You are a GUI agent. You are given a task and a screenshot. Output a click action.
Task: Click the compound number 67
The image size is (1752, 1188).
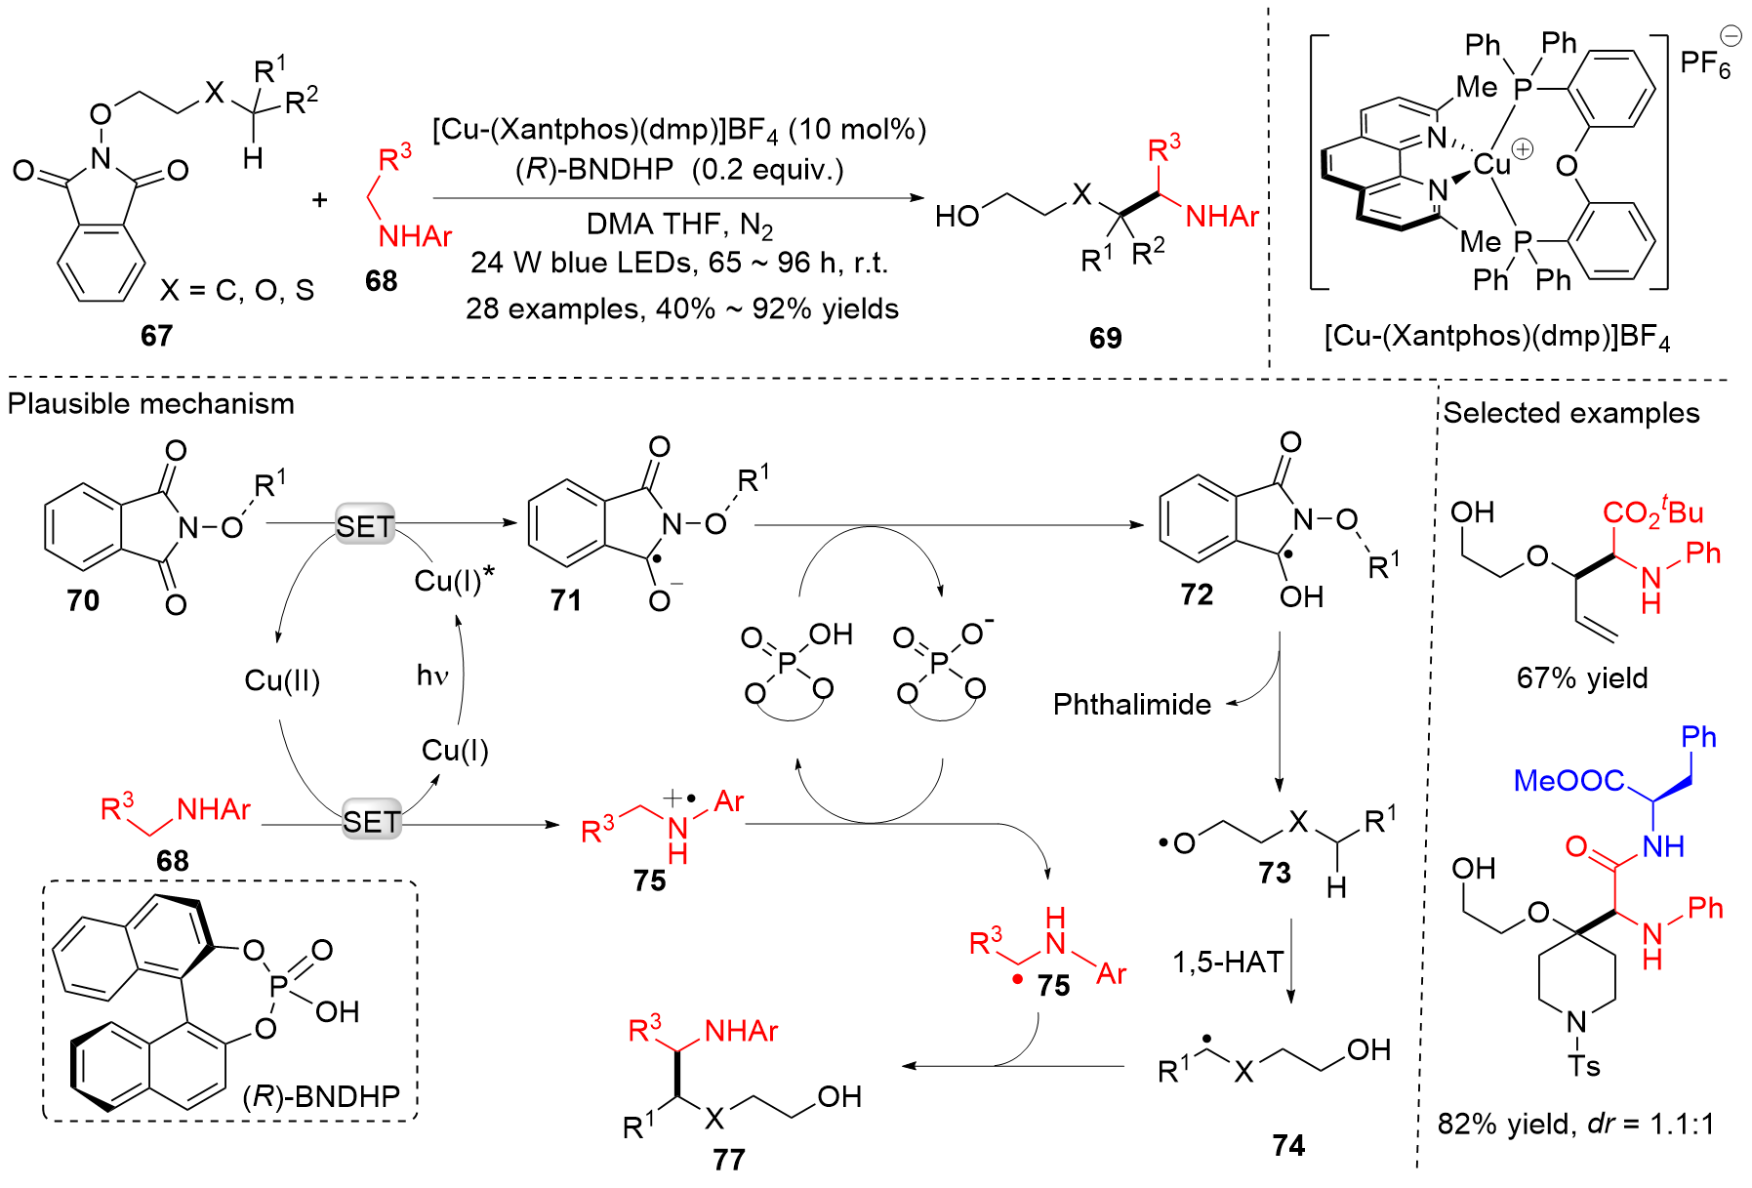click(156, 336)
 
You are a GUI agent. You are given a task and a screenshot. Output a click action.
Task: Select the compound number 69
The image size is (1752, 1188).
click(1105, 338)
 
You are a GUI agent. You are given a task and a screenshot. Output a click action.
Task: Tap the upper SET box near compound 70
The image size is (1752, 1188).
click(364, 526)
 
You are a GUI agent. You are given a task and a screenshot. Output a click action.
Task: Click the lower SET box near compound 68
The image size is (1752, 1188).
click(371, 821)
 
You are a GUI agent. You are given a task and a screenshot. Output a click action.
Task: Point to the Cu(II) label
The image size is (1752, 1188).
click(282, 679)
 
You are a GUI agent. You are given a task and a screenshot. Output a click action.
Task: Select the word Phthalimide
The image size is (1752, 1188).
click(1131, 704)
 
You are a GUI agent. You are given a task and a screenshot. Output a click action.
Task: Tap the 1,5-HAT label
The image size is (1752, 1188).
click(1227, 963)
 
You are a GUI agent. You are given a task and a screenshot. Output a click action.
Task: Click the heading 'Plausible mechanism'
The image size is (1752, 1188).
click(150, 403)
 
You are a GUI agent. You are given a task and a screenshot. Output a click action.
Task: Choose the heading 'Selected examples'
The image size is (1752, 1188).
click(1571, 413)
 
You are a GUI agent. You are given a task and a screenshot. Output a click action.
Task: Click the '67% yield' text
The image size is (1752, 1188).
click(1581, 677)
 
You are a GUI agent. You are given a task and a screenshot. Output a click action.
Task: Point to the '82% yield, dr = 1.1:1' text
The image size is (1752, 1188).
click(1575, 1124)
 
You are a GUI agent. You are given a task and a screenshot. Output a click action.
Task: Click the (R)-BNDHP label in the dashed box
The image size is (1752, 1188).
click(321, 1096)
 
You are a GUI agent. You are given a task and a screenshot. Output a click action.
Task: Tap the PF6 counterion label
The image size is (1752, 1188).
click(1705, 62)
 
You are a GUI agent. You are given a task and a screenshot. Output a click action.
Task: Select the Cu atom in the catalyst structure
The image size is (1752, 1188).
click(1491, 164)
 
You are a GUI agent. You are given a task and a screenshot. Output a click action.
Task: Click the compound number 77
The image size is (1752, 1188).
click(728, 1160)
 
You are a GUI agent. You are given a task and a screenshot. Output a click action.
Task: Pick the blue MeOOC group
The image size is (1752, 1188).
click(1569, 780)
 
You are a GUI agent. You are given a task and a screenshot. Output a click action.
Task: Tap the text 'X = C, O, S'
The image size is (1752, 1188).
click(237, 290)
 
